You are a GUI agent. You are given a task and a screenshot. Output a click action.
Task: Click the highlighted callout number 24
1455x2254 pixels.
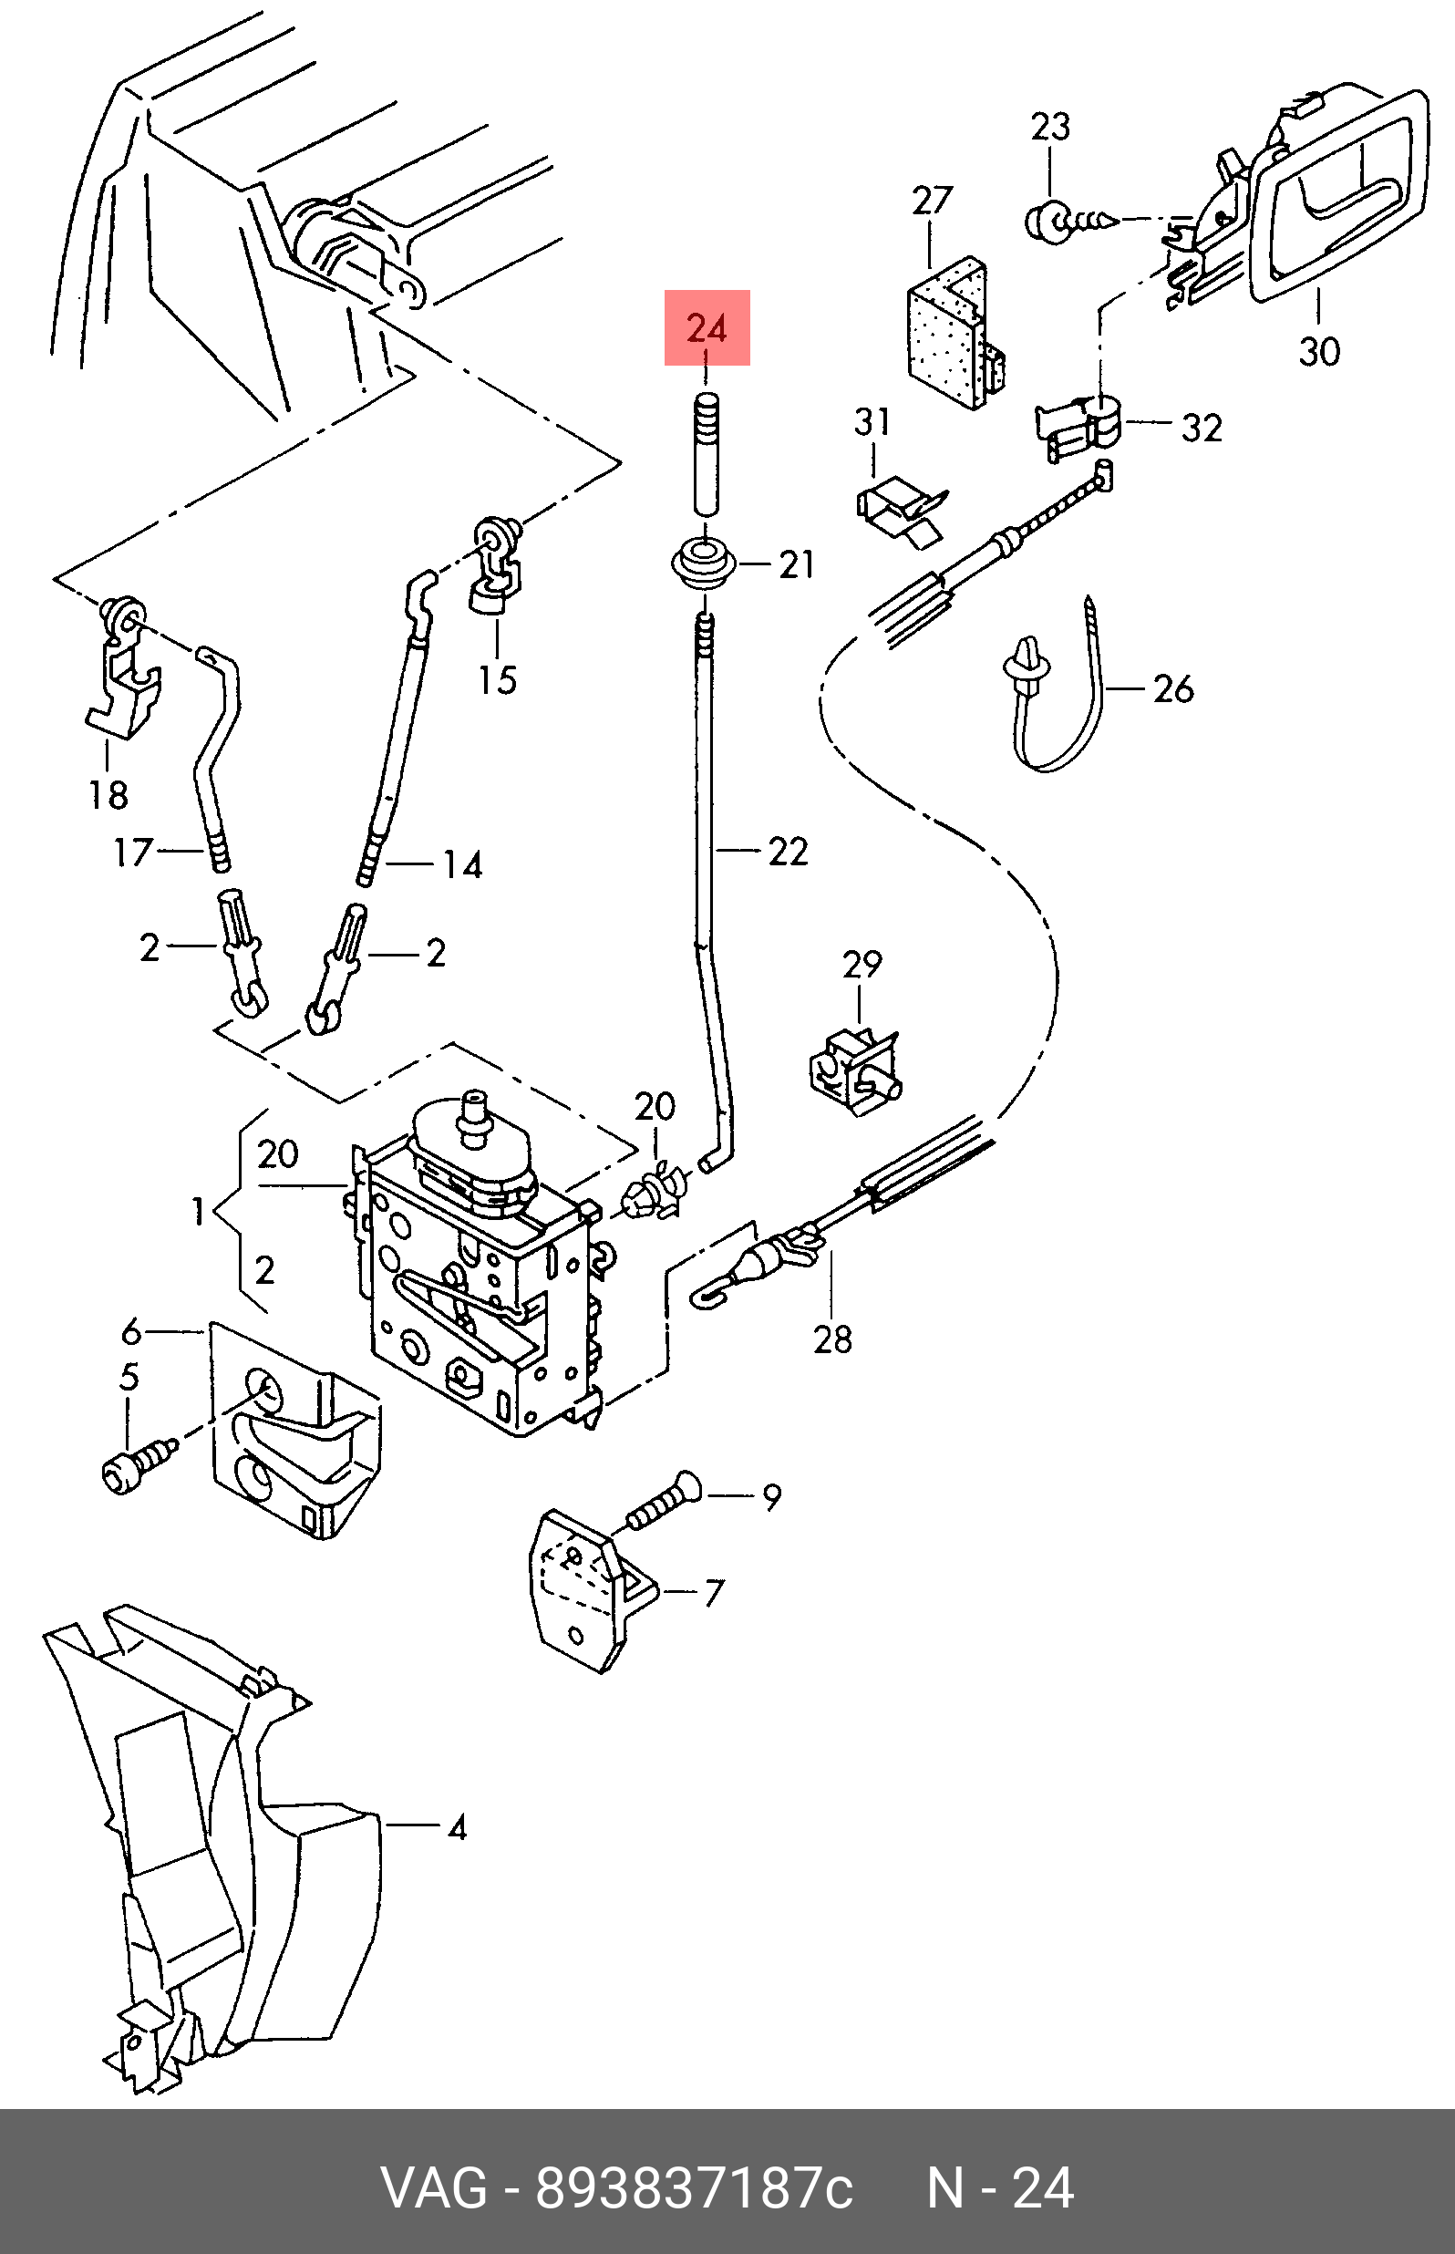(x=707, y=328)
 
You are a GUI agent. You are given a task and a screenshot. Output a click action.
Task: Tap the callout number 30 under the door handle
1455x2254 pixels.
(x=1319, y=351)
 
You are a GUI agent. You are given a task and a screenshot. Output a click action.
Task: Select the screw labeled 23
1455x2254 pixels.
(x=1070, y=221)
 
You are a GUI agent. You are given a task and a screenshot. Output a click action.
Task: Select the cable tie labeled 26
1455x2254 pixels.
(x=1056, y=689)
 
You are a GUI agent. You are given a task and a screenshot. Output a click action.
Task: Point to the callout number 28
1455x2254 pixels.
(x=832, y=1339)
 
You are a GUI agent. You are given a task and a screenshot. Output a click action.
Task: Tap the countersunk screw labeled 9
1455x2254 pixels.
(x=661, y=1502)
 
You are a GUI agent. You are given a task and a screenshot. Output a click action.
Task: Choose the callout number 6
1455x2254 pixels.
(x=131, y=1331)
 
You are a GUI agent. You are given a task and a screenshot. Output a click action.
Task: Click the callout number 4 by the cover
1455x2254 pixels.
(x=458, y=1828)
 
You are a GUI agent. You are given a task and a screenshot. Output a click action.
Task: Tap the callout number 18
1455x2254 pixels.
(x=108, y=794)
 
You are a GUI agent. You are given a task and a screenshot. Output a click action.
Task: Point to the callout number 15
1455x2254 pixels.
(x=497, y=679)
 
